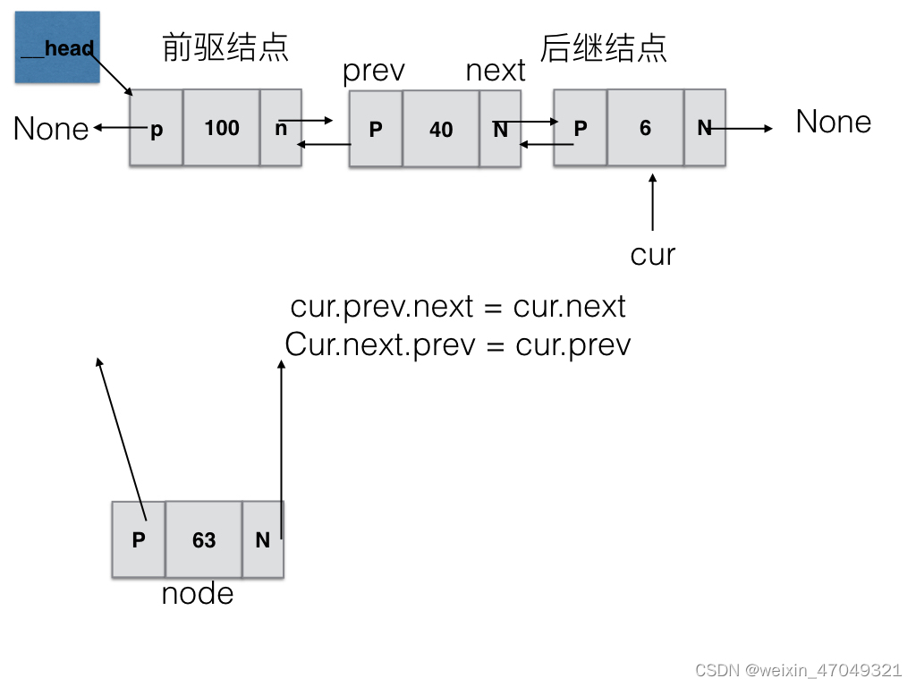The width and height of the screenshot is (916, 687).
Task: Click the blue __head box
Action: point(57,47)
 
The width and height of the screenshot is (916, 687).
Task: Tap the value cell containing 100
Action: point(221,128)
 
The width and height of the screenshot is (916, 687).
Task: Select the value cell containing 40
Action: point(441,129)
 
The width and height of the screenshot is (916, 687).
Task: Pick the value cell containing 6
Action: point(645,128)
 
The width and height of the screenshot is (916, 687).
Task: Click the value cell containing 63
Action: point(204,539)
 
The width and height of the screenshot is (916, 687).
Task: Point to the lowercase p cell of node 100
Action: point(157,129)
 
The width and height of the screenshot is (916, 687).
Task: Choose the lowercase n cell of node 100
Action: point(280,128)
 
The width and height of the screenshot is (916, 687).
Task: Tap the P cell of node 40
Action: point(376,129)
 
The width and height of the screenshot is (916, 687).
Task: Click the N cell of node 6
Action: point(705,128)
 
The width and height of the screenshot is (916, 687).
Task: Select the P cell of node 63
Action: point(139,539)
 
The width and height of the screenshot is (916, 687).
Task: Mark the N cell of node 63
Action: point(262,539)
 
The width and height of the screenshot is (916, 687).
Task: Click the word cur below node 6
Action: point(653,255)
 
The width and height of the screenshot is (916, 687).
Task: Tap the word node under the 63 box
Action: point(198,593)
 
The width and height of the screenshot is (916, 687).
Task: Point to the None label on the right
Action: point(834,122)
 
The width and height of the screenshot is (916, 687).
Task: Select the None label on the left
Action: point(51,129)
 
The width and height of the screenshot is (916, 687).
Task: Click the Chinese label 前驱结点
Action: point(225,47)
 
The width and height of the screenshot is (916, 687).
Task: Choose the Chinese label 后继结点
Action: point(605,47)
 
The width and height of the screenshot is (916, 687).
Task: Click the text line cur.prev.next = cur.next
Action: point(458,307)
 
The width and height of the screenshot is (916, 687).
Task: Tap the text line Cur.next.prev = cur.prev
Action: point(458,344)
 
